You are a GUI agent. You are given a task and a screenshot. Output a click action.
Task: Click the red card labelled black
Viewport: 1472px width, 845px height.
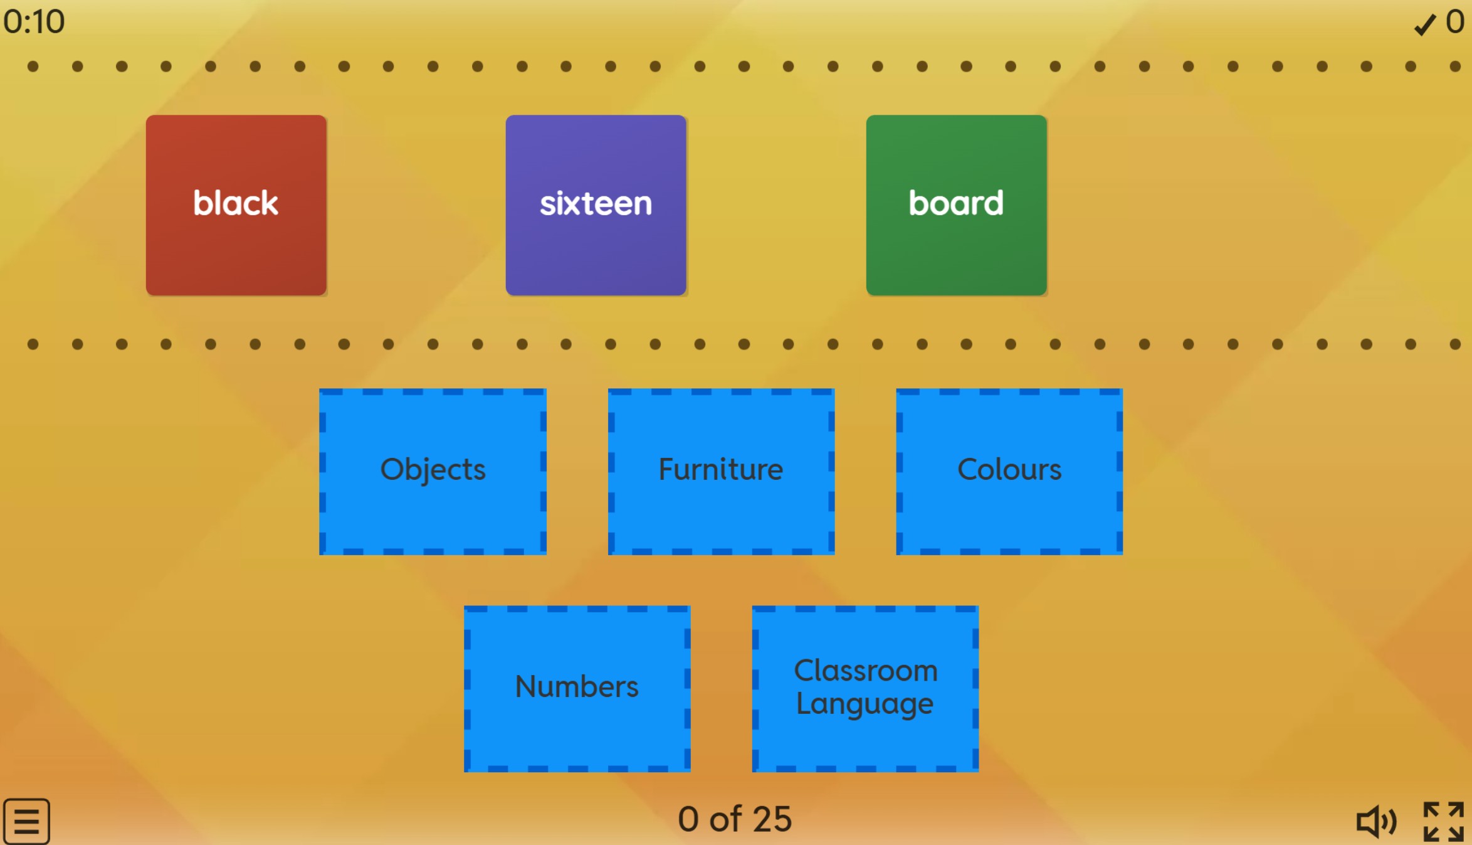tap(236, 205)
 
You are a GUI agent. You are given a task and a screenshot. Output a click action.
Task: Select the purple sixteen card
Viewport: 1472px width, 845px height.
tap(596, 205)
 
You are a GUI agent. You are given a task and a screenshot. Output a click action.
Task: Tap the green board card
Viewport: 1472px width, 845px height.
tap(956, 205)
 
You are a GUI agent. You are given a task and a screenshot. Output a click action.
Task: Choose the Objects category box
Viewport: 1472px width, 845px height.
tap(433, 471)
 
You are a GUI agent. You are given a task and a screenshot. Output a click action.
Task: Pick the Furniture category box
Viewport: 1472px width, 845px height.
tap(721, 471)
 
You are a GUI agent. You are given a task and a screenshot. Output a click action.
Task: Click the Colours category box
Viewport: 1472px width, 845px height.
tap(1009, 471)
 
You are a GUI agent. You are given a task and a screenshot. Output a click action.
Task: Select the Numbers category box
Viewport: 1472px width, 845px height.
tap(577, 688)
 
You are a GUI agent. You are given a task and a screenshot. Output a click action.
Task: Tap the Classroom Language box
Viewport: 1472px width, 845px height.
tap(865, 688)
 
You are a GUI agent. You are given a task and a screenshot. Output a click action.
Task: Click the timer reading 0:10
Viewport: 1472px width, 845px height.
tap(34, 22)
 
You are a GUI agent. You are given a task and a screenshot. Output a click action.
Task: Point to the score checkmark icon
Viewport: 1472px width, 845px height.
tap(1425, 24)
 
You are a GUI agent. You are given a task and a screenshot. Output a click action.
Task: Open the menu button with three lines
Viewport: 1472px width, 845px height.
tap(26, 821)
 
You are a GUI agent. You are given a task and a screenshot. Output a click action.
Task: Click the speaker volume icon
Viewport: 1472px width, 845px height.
tap(1376, 821)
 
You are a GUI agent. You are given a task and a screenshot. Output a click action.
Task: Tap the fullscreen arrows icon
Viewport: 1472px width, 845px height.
tap(1443, 821)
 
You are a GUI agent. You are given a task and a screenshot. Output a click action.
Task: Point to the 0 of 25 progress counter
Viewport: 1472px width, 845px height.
tap(735, 819)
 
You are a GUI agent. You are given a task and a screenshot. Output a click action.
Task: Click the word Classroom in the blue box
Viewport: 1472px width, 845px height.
tap(866, 671)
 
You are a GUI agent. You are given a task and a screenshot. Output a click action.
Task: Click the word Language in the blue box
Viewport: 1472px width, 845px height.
tap(865, 704)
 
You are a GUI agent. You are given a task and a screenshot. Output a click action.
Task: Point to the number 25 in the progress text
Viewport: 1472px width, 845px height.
tap(772, 819)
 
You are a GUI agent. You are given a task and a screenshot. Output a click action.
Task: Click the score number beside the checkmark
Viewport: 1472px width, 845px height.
tap(1455, 22)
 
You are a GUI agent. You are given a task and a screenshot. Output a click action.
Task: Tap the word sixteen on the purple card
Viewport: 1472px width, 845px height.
tap(596, 204)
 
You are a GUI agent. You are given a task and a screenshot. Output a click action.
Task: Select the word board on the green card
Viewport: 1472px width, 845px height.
tap(956, 203)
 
